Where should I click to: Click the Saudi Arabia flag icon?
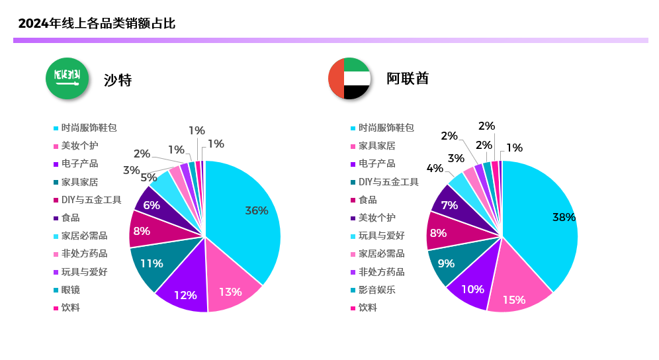tap(67, 78)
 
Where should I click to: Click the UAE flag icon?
tap(349, 78)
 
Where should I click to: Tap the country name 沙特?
tap(118, 80)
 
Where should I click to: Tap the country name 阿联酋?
tap(408, 78)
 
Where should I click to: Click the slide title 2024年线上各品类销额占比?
tap(97, 24)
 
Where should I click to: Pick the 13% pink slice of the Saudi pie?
tap(230, 292)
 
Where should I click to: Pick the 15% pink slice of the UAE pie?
tap(513, 300)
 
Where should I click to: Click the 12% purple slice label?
tap(185, 295)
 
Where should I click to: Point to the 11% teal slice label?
tap(151, 263)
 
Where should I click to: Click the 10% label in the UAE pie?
tap(473, 289)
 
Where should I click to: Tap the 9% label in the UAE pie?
tap(446, 263)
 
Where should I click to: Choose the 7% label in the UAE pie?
tap(450, 205)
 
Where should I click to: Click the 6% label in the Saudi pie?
tap(152, 205)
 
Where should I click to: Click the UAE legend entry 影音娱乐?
tap(376, 290)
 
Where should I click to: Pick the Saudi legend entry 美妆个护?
tap(79, 146)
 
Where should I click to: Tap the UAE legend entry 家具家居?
tap(376, 146)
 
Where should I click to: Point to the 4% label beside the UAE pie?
tap(435, 168)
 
